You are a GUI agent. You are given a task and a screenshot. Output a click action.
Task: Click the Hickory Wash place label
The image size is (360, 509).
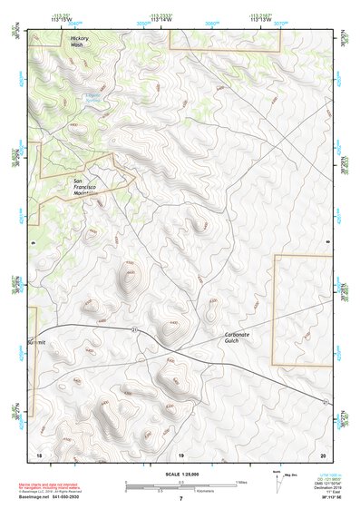pos(80,42)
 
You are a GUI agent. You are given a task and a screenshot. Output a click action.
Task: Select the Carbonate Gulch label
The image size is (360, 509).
pos(243,338)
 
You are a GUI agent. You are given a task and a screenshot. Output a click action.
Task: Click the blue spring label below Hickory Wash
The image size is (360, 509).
pos(92,96)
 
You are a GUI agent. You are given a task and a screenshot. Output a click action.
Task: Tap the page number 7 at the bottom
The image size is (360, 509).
pos(180,499)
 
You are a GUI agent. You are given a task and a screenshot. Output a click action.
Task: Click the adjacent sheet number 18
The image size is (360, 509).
pos(38,454)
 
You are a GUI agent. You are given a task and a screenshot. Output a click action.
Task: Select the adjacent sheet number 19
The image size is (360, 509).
pos(180,454)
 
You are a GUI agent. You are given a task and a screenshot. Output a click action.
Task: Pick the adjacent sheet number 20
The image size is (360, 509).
pos(322,454)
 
